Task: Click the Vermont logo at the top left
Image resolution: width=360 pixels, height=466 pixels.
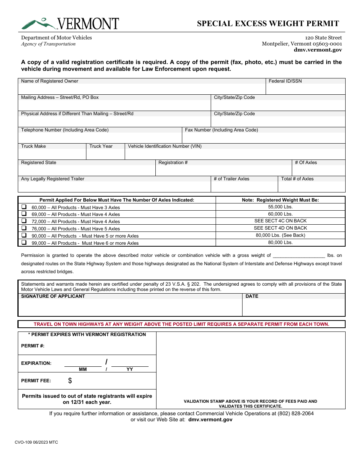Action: pyautogui.click(x=70, y=23)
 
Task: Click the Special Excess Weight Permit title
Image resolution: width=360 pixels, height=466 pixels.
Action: pyautogui.click(x=268, y=23)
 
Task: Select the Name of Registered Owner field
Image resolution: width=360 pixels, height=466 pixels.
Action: pyautogui.click(x=142, y=89)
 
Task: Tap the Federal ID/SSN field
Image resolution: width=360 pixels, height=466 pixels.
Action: pyautogui.click(x=305, y=89)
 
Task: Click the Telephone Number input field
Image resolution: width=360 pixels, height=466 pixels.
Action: pyautogui.click(x=100, y=138)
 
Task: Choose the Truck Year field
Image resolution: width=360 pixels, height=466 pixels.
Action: pyautogui.click(x=105, y=154)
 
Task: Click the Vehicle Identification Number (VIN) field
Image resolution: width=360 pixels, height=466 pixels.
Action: pyautogui.click(x=235, y=154)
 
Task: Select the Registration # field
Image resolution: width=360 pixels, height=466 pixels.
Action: pyautogui.click(x=224, y=170)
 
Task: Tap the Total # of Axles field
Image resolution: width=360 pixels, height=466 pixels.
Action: pyautogui.click(x=311, y=187)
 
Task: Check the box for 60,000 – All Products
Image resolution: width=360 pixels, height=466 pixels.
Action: pyautogui.click(x=24, y=207)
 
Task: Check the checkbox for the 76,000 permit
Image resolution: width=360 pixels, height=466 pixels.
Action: pyautogui.click(x=24, y=228)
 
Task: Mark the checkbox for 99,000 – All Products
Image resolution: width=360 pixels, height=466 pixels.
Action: pyautogui.click(x=24, y=243)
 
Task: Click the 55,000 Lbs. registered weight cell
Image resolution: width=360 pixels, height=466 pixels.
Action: pyautogui.click(x=280, y=207)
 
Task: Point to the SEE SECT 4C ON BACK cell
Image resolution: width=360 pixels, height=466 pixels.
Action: pyautogui.click(x=280, y=221)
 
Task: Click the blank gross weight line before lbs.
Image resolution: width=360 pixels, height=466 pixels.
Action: pyautogui.click(x=299, y=256)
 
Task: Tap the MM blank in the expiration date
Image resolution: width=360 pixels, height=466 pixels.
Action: pyautogui.click(x=83, y=363)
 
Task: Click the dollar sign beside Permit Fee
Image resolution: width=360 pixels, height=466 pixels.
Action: pyautogui.click(x=70, y=381)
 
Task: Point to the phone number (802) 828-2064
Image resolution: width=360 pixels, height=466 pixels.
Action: pyautogui.click(x=296, y=413)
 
